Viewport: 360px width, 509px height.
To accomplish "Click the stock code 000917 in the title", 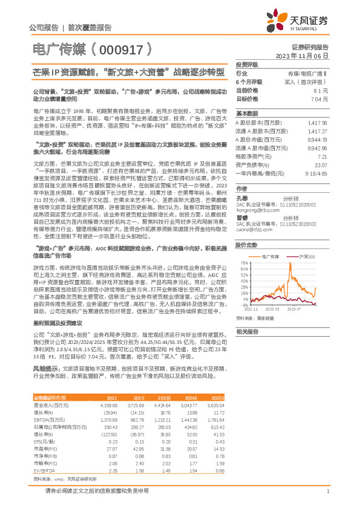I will click(x=121, y=50).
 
